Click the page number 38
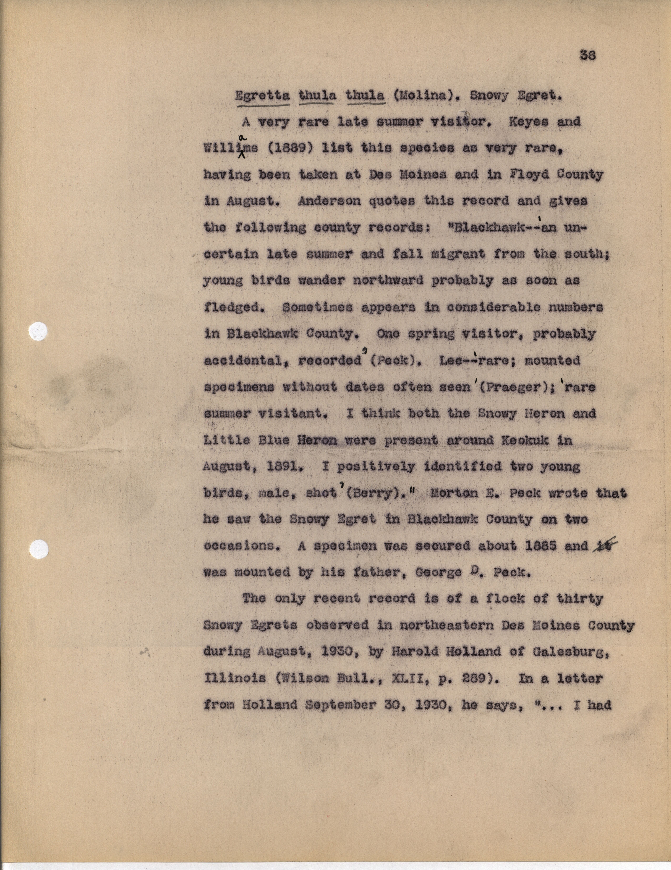click(588, 55)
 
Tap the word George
click(438, 572)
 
